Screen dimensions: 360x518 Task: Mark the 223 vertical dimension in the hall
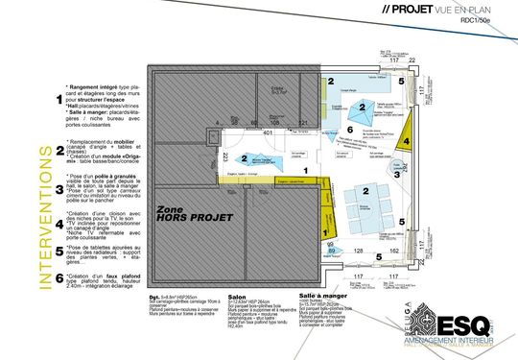click(224, 157)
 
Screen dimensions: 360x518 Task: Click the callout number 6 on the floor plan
click(349, 130)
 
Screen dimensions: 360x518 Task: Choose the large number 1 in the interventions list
click(60, 98)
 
